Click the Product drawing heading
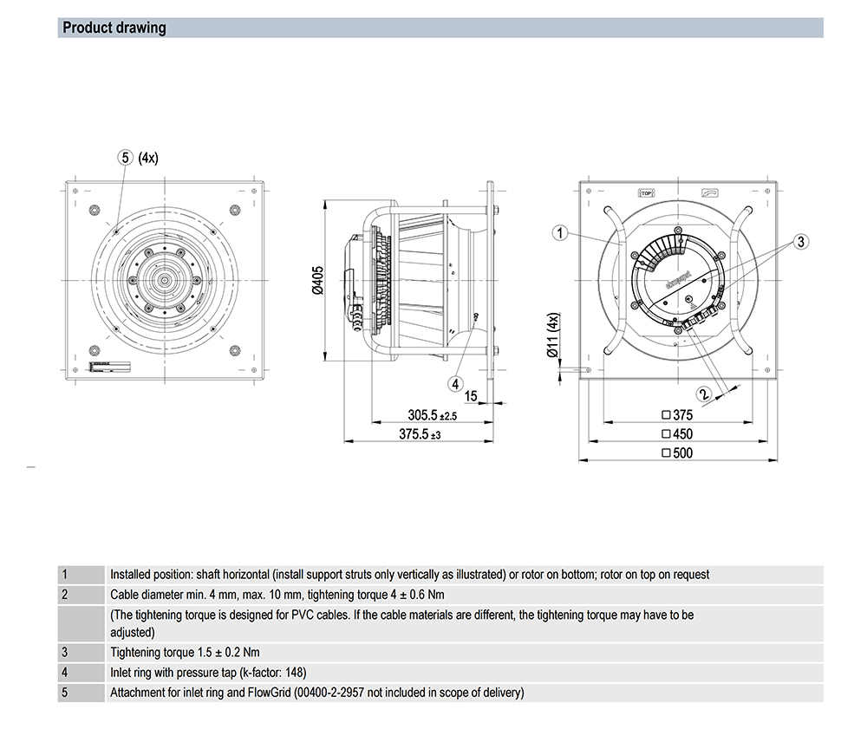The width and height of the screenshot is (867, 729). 114,28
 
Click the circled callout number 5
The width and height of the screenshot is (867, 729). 126,157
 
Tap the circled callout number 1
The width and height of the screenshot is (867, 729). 561,232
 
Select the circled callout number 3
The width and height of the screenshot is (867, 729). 801,240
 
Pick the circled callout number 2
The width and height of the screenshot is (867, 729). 703,393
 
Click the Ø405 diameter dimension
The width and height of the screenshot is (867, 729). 316,281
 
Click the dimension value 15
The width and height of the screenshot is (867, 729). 471,396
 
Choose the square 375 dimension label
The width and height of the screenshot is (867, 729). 677,414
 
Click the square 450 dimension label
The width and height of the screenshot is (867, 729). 677,433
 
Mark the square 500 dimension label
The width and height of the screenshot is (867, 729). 677,452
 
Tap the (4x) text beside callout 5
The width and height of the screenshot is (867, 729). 148,157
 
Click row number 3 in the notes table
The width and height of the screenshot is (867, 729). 65,652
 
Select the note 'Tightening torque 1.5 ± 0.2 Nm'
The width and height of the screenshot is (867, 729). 186,652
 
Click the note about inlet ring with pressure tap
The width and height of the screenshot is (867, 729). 208,672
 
